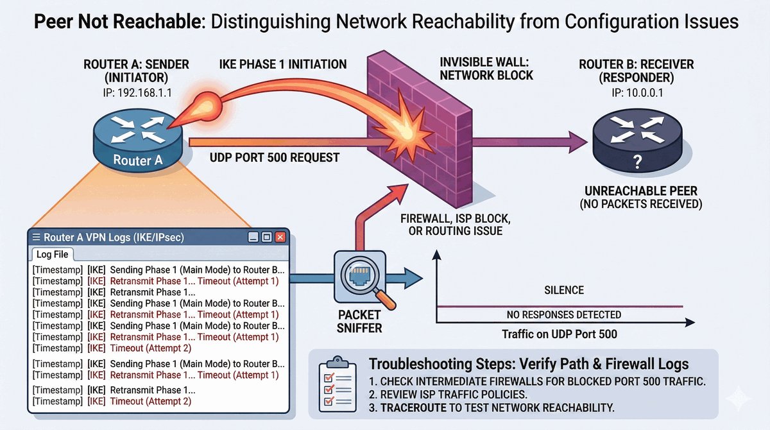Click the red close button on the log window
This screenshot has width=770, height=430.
[280, 237]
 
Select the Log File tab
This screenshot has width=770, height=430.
[53, 255]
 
